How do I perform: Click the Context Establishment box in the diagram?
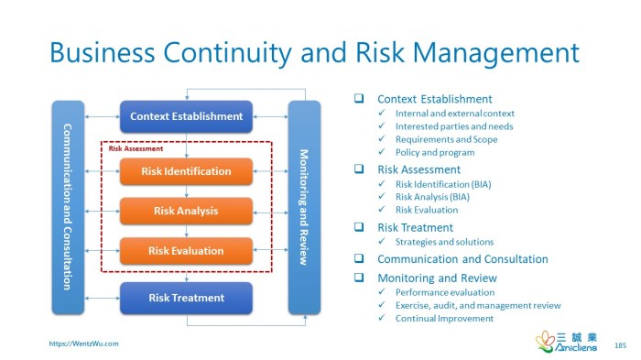186,116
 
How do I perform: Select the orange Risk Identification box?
186,171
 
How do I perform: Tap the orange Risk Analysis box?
186,211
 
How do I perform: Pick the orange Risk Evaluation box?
186,250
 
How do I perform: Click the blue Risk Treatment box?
186,298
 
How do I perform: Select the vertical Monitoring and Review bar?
304,207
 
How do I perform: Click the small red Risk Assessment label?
136,147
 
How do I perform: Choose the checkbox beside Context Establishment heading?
360,99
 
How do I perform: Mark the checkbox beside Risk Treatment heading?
360,227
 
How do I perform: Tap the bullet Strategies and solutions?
444,242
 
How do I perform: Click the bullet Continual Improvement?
444,319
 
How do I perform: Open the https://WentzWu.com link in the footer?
83,344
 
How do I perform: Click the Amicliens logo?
564,342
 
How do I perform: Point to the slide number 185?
620,344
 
